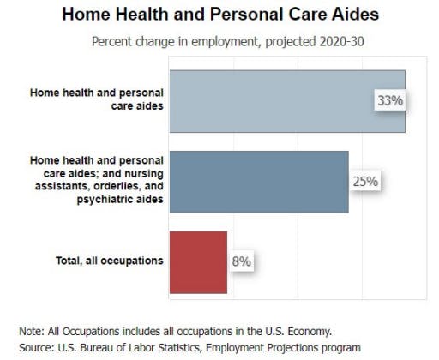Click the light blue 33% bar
point(287,101)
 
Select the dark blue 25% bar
point(259,182)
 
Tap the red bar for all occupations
point(198,262)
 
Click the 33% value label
point(390,100)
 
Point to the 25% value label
point(365,182)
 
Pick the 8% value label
point(242,261)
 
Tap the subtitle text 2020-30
point(341,42)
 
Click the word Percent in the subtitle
point(111,42)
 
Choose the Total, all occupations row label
point(110,261)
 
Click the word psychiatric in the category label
point(105,199)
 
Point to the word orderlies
point(117,186)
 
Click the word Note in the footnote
point(32,332)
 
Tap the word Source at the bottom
point(37,348)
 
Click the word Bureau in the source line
point(96,348)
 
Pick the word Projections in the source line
point(292,348)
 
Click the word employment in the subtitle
point(225,42)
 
